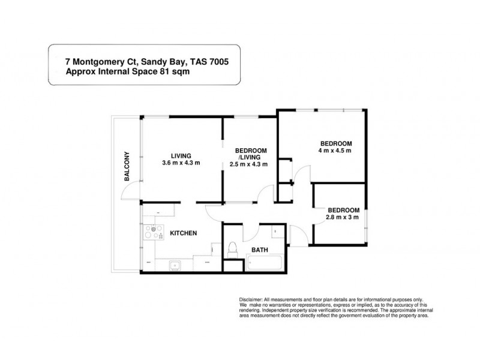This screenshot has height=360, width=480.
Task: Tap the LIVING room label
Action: pos(180,154)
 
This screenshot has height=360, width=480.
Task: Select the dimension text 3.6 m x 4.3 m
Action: pos(181,163)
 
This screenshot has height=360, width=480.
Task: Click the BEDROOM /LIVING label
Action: pos(250,154)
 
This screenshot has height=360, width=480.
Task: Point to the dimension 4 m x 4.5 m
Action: pos(335,151)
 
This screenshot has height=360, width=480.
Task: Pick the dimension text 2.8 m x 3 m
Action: pos(343,217)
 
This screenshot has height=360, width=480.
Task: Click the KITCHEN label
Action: pos(184,233)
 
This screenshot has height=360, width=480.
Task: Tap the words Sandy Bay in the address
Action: pos(156,61)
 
